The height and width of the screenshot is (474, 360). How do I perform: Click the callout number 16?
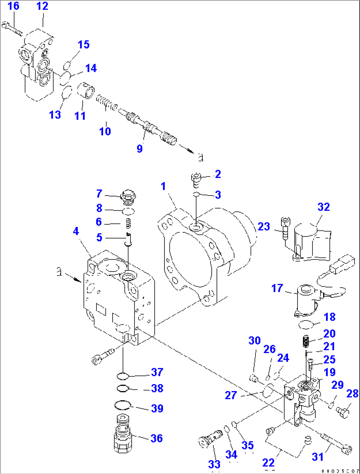click(13, 6)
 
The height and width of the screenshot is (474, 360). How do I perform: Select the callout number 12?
click(42, 6)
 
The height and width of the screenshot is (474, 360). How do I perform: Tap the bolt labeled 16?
click(12, 28)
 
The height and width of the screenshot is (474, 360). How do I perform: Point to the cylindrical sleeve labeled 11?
click(86, 90)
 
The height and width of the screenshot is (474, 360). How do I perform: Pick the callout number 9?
click(140, 149)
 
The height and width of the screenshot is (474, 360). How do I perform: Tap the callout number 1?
click(163, 187)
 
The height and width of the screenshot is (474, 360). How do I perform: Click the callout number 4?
click(76, 231)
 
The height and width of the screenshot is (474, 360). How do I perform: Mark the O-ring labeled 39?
click(123, 405)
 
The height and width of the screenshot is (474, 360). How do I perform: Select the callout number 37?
click(157, 372)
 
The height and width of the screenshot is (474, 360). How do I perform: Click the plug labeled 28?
click(343, 412)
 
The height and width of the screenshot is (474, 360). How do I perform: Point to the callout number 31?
click(317, 457)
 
